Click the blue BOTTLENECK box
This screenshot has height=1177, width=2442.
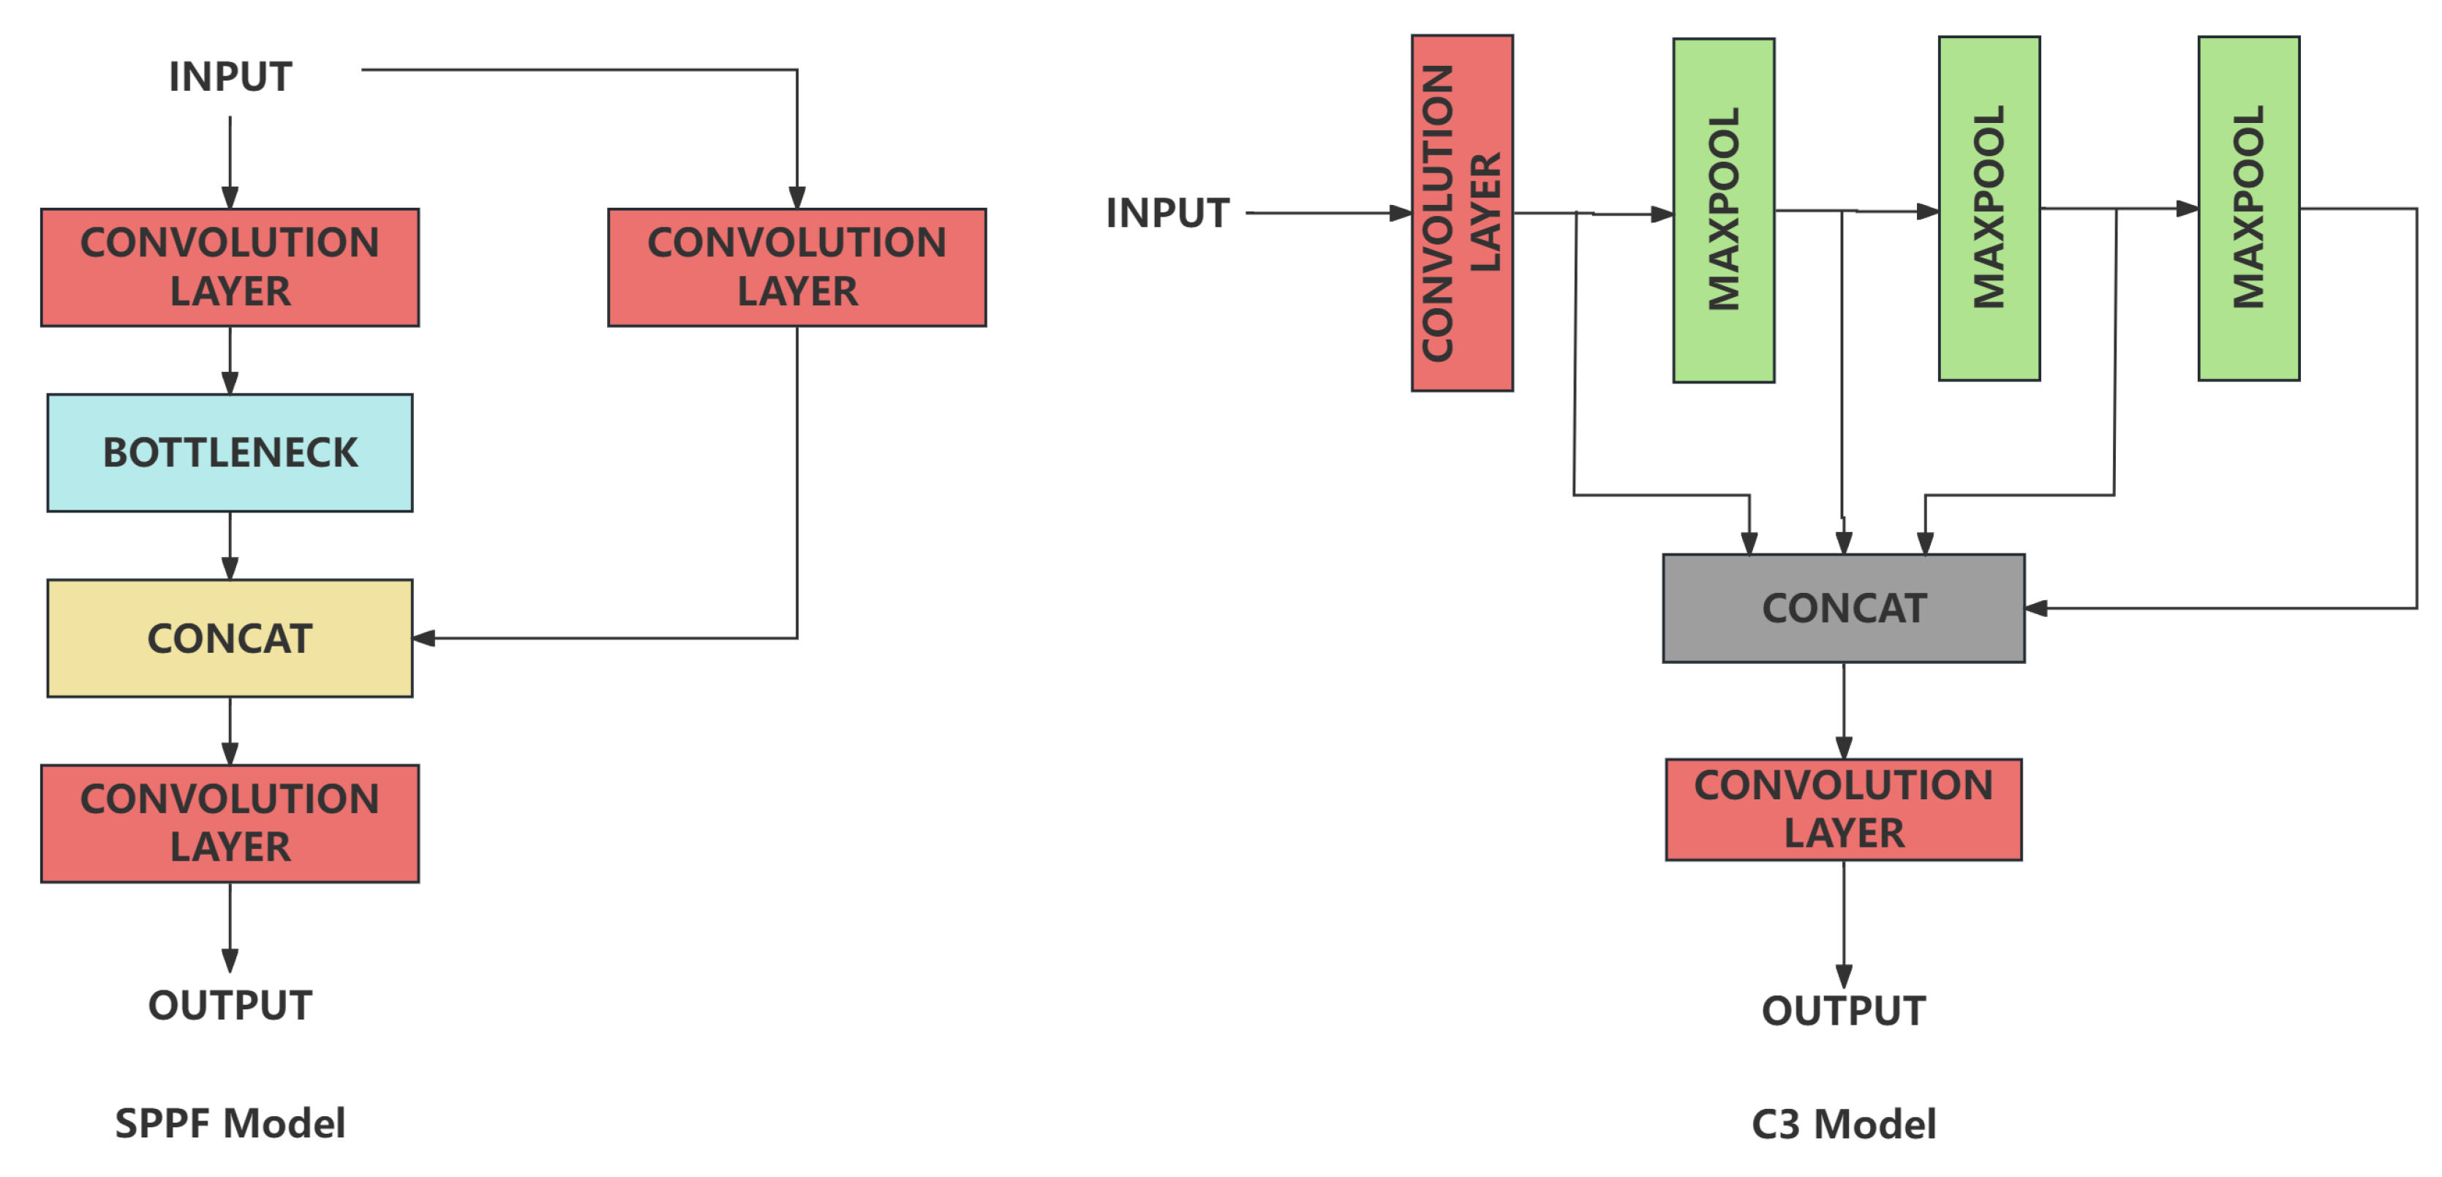coord(230,452)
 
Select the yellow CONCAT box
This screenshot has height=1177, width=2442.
coord(230,638)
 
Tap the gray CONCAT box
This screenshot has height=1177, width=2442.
coord(1843,608)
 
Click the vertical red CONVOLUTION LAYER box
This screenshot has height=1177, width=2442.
coord(1462,214)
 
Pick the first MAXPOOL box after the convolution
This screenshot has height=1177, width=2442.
coord(1723,211)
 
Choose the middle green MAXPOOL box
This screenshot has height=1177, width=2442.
coord(1989,209)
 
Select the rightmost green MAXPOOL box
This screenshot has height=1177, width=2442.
coord(2249,209)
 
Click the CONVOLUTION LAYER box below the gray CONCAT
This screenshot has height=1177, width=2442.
coord(1843,809)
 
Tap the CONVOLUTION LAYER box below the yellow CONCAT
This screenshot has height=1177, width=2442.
coord(230,823)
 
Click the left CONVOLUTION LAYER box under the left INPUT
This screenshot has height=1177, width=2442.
coord(230,267)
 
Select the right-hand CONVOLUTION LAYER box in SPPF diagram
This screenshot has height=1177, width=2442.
coord(796,267)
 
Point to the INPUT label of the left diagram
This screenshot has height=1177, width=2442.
coord(230,77)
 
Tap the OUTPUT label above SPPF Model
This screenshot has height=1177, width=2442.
coord(230,1005)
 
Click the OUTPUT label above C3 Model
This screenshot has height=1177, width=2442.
coord(1843,1010)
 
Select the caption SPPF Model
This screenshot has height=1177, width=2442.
coord(230,1123)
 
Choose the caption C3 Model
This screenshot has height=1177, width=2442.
coord(1843,1124)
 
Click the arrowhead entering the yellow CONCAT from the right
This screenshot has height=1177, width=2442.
coord(423,638)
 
